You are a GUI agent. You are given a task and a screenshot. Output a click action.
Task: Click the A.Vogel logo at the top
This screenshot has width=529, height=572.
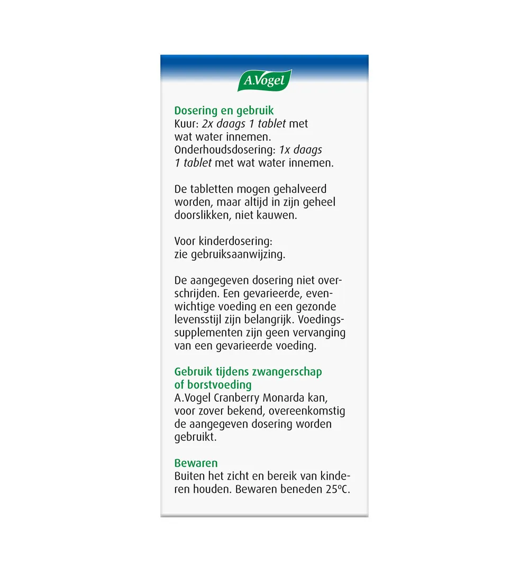pyautogui.click(x=264, y=81)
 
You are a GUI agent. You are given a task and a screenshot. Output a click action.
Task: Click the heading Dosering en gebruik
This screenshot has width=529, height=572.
pyautogui.click(x=224, y=111)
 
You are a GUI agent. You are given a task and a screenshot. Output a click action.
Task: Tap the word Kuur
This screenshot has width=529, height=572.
pyautogui.click(x=186, y=124)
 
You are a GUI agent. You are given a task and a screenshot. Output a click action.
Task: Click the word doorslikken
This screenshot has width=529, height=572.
pyautogui.click(x=202, y=215)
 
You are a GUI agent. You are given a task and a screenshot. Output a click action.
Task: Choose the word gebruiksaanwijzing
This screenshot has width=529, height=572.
pyautogui.click(x=231, y=254)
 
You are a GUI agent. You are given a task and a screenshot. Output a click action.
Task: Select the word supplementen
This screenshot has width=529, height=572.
pyautogui.click(x=204, y=333)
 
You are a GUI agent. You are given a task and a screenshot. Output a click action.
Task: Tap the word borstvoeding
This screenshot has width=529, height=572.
pyautogui.click(x=219, y=384)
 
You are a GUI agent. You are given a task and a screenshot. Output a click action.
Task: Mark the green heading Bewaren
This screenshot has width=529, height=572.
pyautogui.click(x=196, y=463)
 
